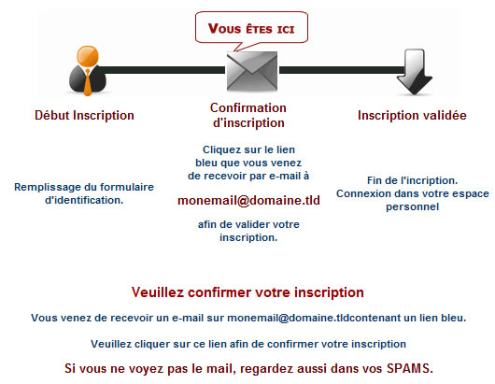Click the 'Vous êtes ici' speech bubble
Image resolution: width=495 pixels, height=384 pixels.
pyautogui.click(x=251, y=28)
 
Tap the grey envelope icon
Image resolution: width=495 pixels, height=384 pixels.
pyautogui.click(x=252, y=71)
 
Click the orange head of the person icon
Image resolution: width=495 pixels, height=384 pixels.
pyautogui.click(x=88, y=56)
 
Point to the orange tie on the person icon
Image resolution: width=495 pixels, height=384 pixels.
pyautogui.click(x=88, y=82)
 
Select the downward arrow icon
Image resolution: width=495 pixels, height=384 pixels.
pyautogui.click(x=415, y=72)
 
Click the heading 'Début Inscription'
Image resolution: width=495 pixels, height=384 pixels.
pyautogui.click(x=84, y=115)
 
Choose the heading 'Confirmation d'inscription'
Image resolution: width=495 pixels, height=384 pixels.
pyautogui.click(x=248, y=115)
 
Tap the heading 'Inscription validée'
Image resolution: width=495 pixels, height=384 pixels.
pyautogui.click(x=412, y=115)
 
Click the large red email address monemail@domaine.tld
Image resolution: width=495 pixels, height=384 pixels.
pyautogui.click(x=248, y=200)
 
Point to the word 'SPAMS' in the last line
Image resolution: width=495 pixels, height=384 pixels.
pyautogui.click(x=410, y=368)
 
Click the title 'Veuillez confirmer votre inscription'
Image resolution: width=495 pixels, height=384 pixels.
pyautogui.click(x=247, y=292)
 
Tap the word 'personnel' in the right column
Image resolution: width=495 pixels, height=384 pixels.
pyautogui.click(x=412, y=206)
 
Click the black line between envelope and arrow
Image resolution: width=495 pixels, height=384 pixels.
pyautogui.click(x=342, y=70)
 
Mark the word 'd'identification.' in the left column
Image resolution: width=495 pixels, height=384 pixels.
pyautogui.click(x=84, y=200)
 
